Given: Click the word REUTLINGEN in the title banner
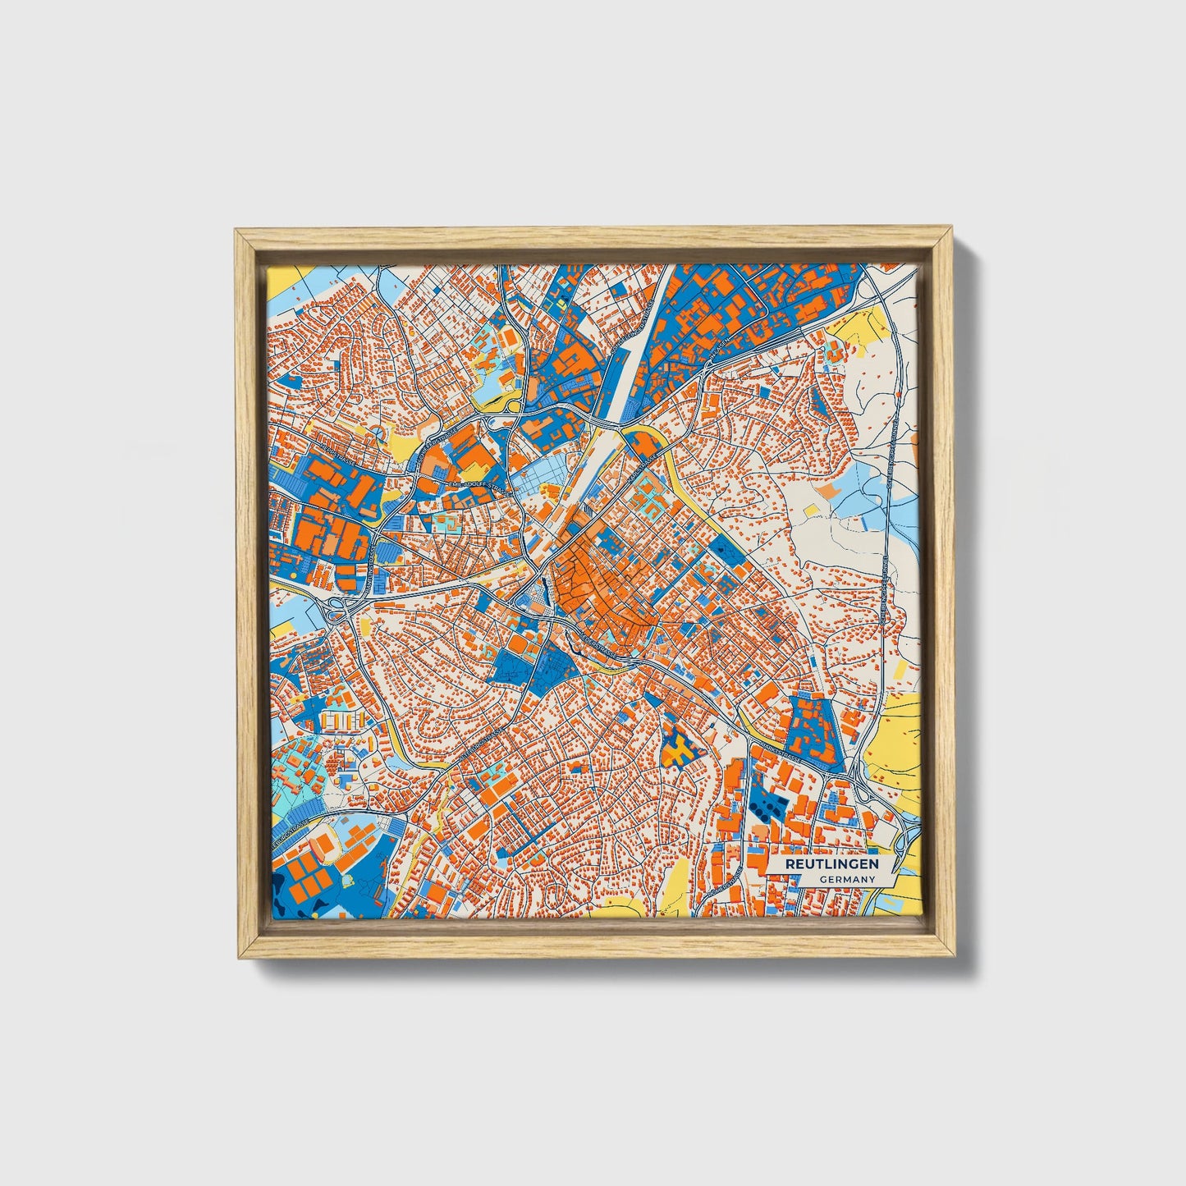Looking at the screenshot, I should coord(831,864).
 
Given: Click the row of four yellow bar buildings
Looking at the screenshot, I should coord(341,721).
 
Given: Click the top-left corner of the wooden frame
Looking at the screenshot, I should coord(236,231).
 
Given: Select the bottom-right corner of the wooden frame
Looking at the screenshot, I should coord(955,957).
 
